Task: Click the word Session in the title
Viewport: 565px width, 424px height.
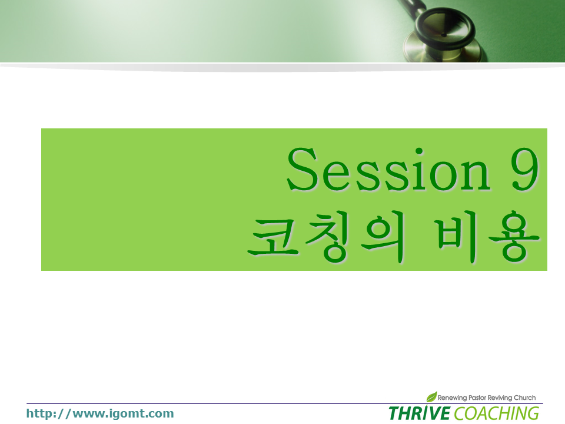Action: pos(388,169)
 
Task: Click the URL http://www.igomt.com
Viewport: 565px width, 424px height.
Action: pos(100,413)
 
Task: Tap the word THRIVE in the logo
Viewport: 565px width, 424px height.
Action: pos(419,413)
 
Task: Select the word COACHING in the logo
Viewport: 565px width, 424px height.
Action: pos(497,413)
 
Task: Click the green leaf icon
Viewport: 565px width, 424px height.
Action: pos(431,396)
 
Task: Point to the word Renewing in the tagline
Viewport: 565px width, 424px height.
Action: pos(452,397)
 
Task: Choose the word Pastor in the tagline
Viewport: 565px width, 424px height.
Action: pos(477,397)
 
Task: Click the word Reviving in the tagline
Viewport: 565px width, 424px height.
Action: pos(500,397)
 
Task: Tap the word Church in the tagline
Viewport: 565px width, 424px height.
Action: pos(524,397)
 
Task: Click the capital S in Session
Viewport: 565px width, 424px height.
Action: pos(301,169)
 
